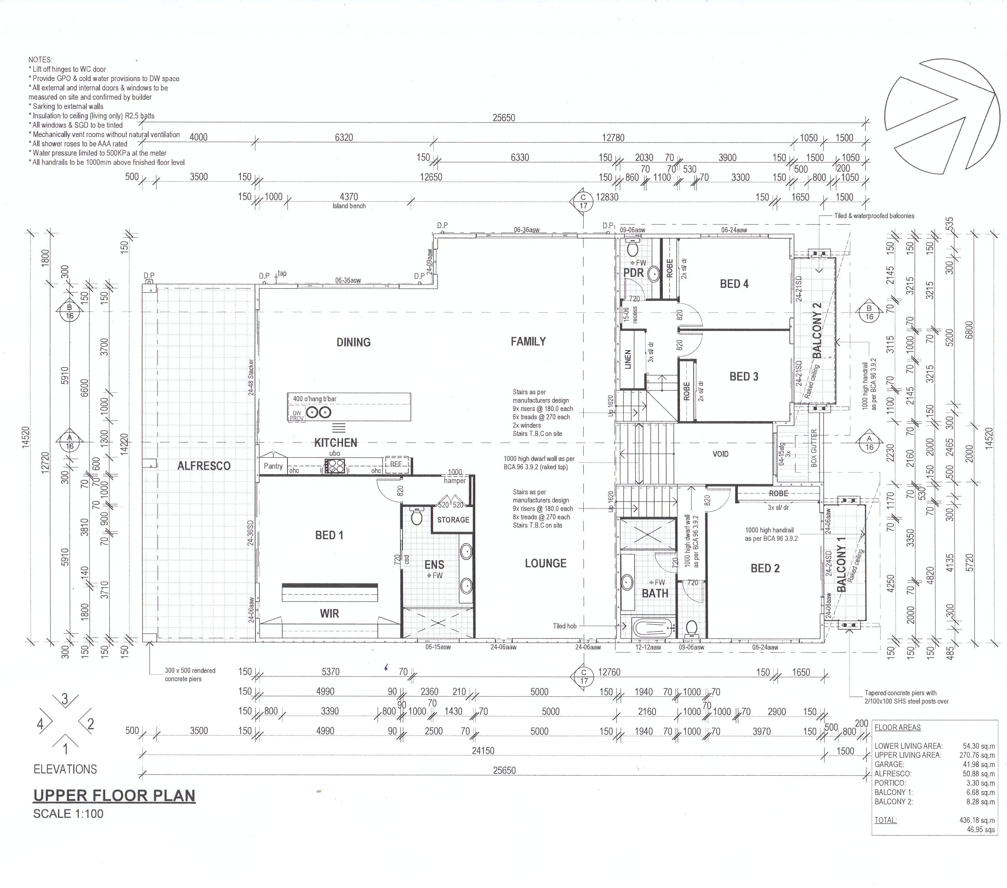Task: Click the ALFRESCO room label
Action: (204, 465)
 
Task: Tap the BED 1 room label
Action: (329, 535)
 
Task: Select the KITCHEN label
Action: (336, 443)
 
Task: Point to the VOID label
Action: (720, 454)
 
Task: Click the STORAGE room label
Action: (453, 520)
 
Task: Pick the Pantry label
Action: (273, 466)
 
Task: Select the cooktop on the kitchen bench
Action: (335, 465)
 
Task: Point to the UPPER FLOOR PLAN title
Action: (114, 795)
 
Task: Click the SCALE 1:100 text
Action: (68, 814)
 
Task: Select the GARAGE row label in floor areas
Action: (889, 764)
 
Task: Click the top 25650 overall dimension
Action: (503, 117)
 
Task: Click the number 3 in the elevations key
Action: (64, 699)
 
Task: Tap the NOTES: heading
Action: (40, 60)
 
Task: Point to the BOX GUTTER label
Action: (814, 448)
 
